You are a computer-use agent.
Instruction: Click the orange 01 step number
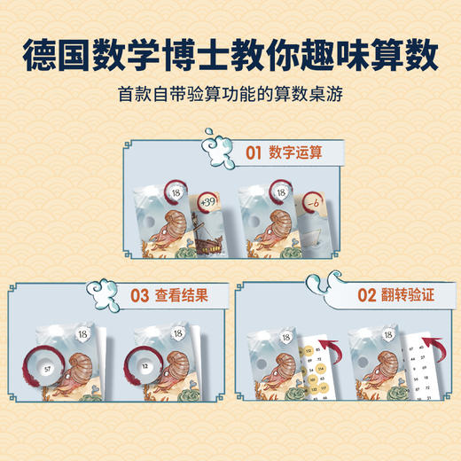point(254,152)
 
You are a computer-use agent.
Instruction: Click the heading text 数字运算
point(297,152)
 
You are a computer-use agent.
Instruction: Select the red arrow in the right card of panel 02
point(412,340)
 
